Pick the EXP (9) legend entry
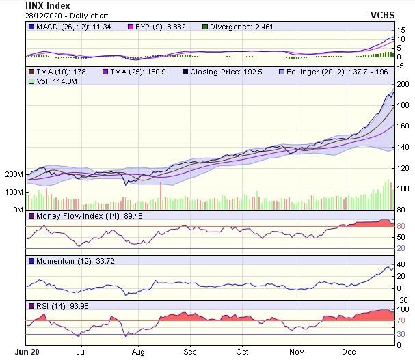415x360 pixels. tap(157, 27)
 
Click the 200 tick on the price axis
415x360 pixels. tap(403, 83)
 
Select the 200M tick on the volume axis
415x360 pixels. tap(14, 174)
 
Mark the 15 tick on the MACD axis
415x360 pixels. tap(402, 31)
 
